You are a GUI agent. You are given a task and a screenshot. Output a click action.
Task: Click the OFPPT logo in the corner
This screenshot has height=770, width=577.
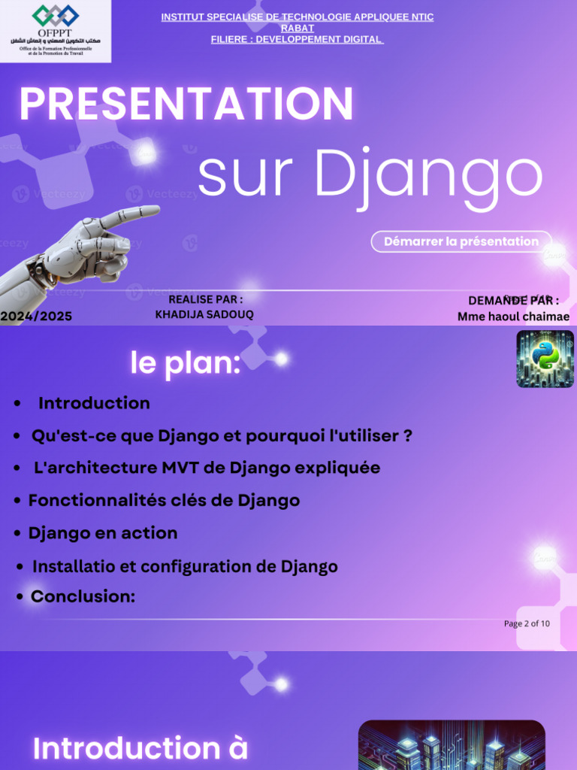tap(55, 30)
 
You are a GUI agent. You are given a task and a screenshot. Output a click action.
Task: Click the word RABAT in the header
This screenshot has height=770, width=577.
tap(298, 28)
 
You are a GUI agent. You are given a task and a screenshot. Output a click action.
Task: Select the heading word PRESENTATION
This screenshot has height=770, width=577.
tap(186, 104)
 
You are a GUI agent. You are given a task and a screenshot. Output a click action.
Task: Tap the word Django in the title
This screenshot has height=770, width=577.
tap(427, 174)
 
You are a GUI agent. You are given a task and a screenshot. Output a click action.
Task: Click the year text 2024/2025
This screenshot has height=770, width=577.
tap(36, 317)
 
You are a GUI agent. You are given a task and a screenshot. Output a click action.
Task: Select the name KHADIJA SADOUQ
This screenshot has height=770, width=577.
tap(204, 314)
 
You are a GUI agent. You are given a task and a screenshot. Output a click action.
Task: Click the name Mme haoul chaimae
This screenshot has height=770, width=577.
tap(513, 317)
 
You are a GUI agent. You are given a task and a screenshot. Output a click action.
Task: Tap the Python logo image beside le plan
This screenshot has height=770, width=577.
tap(545, 359)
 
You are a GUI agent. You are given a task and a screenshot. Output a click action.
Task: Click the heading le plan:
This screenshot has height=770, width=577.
tap(185, 364)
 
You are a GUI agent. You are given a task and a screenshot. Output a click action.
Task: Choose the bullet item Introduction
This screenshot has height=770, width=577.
tap(94, 403)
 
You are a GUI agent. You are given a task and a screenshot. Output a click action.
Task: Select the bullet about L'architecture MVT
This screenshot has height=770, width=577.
tap(207, 468)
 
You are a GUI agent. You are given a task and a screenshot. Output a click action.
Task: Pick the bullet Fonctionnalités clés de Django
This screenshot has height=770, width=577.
tap(164, 500)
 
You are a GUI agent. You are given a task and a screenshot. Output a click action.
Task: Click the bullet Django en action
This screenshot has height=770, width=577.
tap(103, 533)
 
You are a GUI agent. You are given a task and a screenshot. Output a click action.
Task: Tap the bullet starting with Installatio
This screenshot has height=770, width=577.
tap(185, 566)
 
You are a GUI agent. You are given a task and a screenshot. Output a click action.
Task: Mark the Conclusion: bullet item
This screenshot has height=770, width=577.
tap(83, 596)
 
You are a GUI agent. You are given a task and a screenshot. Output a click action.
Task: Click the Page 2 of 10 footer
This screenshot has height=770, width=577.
tap(526, 623)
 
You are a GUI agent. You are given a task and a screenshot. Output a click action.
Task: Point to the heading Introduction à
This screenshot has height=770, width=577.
tap(140, 748)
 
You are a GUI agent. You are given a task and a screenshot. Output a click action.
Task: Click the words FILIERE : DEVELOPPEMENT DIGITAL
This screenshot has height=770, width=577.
tap(298, 39)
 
